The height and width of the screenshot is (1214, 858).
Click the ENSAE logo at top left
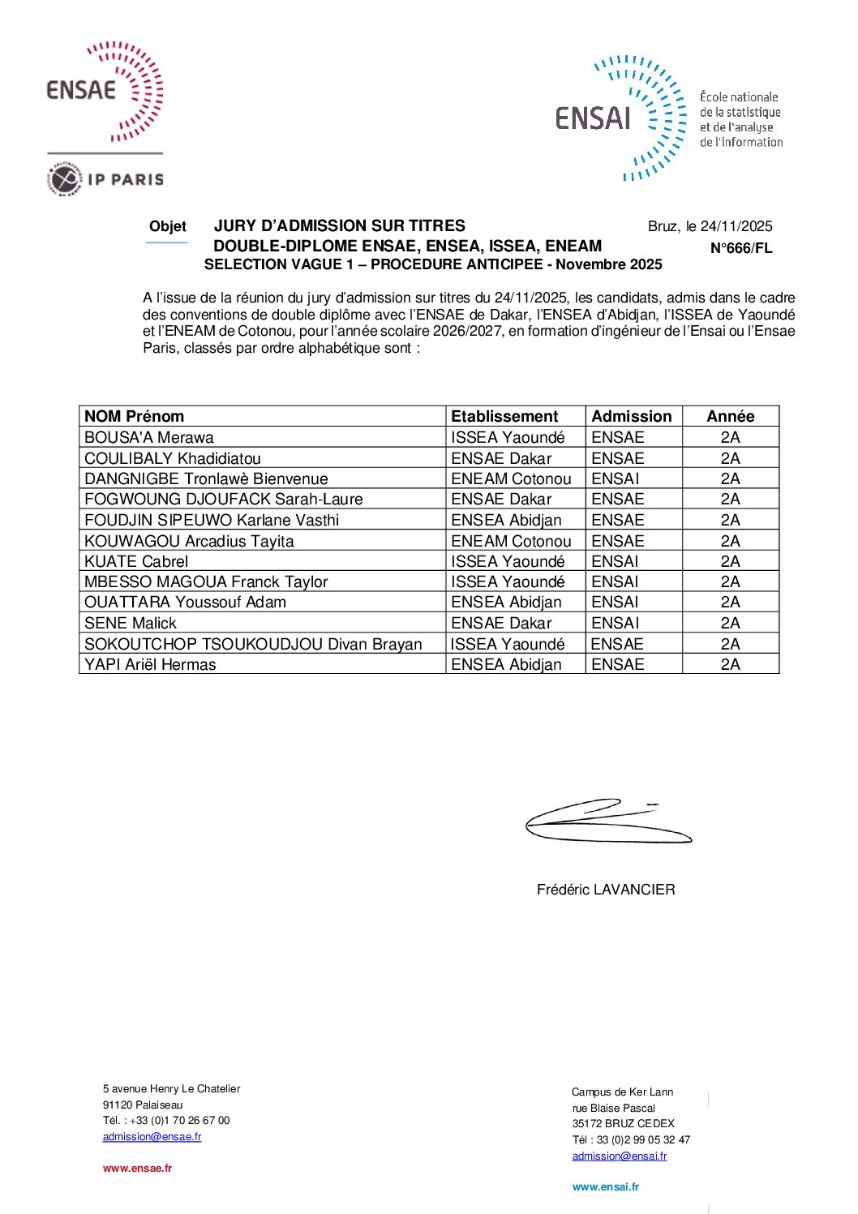click(105, 91)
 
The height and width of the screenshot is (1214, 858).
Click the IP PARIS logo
click(105, 179)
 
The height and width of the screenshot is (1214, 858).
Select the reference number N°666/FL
click(741, 248)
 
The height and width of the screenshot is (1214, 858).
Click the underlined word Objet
click(167, 226)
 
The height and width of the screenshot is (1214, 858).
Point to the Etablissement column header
click(504, 416)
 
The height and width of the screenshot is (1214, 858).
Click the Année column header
click(730, 416)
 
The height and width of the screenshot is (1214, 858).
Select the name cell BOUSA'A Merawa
click(149, 437)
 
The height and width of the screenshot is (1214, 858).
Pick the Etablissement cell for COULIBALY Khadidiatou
click(501, 458)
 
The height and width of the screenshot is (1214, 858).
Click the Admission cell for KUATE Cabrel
click(615, 561)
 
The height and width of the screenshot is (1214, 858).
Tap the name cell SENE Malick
click(131, 623)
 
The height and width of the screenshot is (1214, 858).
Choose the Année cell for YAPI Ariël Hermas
click(730, 664)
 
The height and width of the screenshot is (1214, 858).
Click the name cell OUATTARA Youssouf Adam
click(185, 602)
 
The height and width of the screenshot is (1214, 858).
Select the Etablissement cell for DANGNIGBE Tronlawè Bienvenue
click(511, 478)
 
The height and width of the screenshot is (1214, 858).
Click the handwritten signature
click(607, 821)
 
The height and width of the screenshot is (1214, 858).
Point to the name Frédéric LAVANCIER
click(606, 890)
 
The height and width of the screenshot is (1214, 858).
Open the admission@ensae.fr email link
click(152, 1136)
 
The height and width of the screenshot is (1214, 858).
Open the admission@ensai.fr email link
click(620, 1156)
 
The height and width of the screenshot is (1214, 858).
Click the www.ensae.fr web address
click(137, 1168)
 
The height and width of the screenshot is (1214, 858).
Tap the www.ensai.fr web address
click(605, 1186)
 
